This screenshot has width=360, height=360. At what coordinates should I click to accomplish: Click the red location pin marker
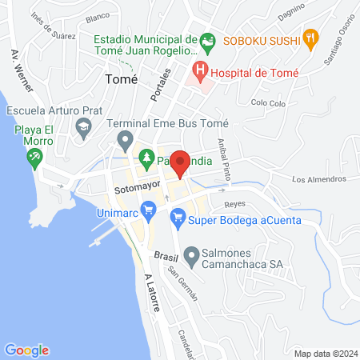point(180,164)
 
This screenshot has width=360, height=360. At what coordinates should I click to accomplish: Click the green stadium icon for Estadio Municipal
point(207,40)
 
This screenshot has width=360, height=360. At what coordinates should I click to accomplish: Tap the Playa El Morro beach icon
point(34,158)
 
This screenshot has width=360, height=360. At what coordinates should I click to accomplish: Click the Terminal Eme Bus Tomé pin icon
point(124,142)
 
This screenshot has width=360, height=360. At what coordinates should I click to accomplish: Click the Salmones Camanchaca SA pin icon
point(191,258)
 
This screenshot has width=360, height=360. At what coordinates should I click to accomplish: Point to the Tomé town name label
point(122,80)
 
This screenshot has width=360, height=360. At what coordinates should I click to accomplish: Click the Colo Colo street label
point(268,102)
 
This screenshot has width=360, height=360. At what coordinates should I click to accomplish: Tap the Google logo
point(27,350)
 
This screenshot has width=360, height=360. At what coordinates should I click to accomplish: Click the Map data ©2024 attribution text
point(324,353)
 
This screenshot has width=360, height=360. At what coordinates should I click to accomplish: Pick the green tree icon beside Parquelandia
point(146,157)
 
